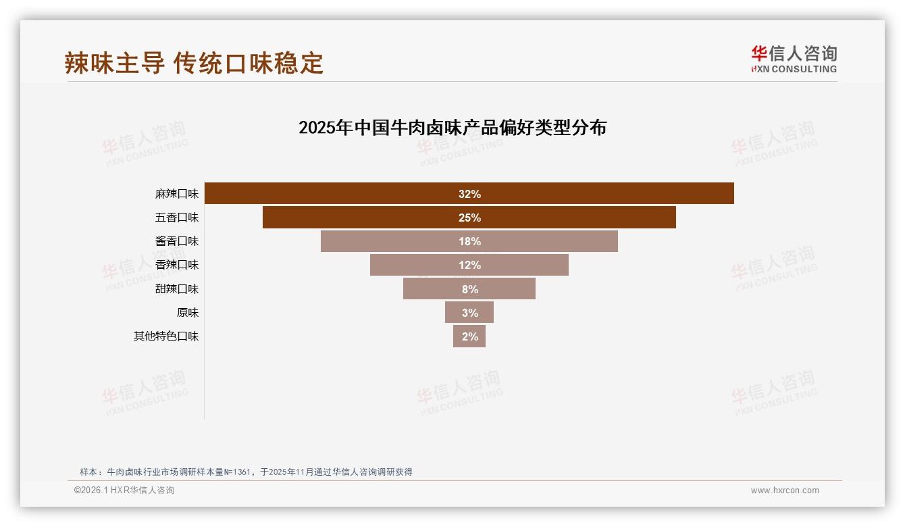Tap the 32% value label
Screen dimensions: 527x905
point(469,194)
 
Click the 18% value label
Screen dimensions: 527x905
point(469,241)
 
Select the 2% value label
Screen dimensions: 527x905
point(470,336)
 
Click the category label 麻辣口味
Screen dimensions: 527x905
point(177,194)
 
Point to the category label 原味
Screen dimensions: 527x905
point(188,313)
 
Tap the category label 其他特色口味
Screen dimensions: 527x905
point(166,336)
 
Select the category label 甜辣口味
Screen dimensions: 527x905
point(177,289)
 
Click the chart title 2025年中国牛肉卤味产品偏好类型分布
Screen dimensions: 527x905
point(452,128)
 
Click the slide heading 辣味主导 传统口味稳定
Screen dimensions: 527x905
point(195,63)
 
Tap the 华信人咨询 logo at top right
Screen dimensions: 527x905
point(794,59)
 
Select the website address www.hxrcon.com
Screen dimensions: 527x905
point(785,491)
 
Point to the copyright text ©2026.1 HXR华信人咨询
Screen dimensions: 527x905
point(124,491)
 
